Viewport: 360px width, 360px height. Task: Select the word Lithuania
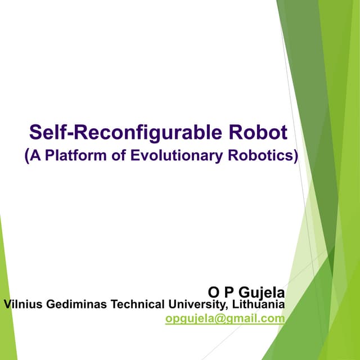tap(258, 305)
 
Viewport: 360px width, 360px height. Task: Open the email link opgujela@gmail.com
tap(225, 319)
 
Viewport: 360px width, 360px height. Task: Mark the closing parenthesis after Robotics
tap(294, 156)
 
